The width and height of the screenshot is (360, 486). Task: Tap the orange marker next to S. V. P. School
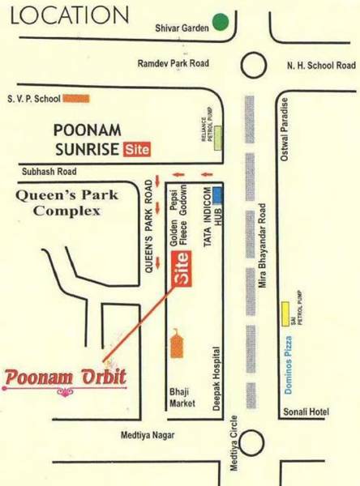pos(76,98)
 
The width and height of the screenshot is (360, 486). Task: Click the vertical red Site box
pos(183,269)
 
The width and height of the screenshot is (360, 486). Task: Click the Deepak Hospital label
pos(217,380)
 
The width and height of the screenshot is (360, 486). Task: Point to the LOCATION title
pos(65,16)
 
